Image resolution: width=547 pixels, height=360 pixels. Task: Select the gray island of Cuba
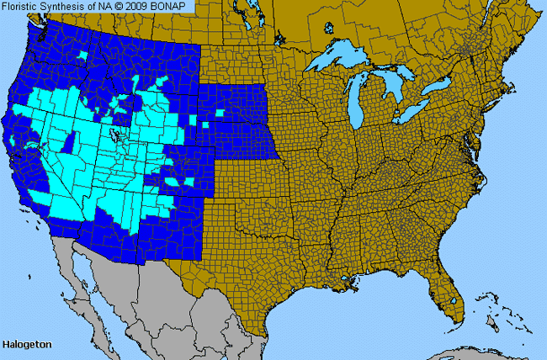(x=471, y=352)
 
